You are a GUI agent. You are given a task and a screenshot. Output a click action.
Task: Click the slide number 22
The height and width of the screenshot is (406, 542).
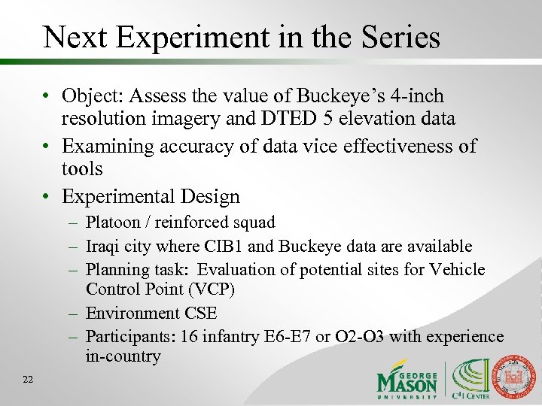28,380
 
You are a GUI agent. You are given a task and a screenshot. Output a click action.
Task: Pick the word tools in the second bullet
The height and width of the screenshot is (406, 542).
82,169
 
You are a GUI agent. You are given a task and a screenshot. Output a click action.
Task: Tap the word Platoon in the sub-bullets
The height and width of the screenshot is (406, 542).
112,223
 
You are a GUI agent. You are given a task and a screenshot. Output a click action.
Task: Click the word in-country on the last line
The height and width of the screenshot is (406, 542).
123,356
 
